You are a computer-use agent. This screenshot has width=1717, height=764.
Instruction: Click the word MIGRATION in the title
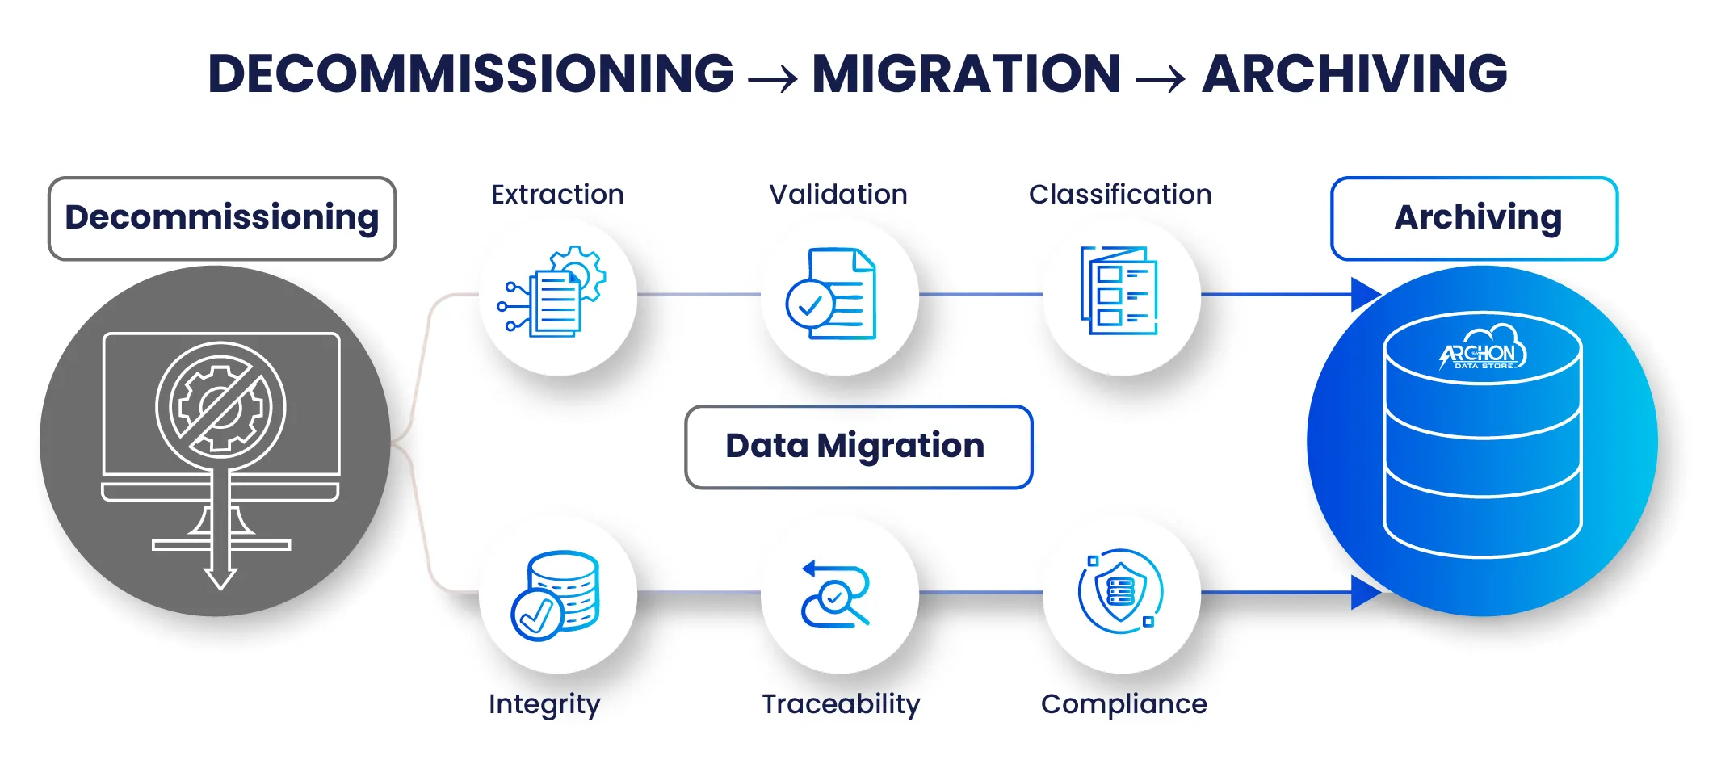[x=966, y=73]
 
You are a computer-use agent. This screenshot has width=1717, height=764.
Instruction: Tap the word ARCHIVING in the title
[x=1354, y=73]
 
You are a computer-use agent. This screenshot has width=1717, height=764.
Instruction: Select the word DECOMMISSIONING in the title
[x=471, y=73]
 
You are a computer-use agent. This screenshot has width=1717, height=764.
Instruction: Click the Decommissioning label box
[x=222, y=218]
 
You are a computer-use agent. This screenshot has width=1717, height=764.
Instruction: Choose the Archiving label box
[x=1474, y=218]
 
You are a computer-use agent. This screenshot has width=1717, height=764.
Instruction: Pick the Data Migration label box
[x=858, y=447]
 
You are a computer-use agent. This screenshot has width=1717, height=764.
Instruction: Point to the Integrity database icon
[x=556, y=595]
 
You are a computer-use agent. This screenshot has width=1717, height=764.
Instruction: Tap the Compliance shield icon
[x=1121, y=592]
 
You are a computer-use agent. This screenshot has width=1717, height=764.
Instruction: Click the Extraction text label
[x=557, y=195]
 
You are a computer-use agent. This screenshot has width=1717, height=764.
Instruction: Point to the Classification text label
[x=1120, y=195]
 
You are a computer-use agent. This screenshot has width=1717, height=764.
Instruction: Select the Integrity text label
[x=544, y=704]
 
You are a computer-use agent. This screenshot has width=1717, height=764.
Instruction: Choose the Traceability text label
[x=841, y=704]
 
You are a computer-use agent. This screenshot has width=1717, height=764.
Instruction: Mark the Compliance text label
[x=1123, y=704]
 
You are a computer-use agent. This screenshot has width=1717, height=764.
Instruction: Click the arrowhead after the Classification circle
[x=1365, y=294]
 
